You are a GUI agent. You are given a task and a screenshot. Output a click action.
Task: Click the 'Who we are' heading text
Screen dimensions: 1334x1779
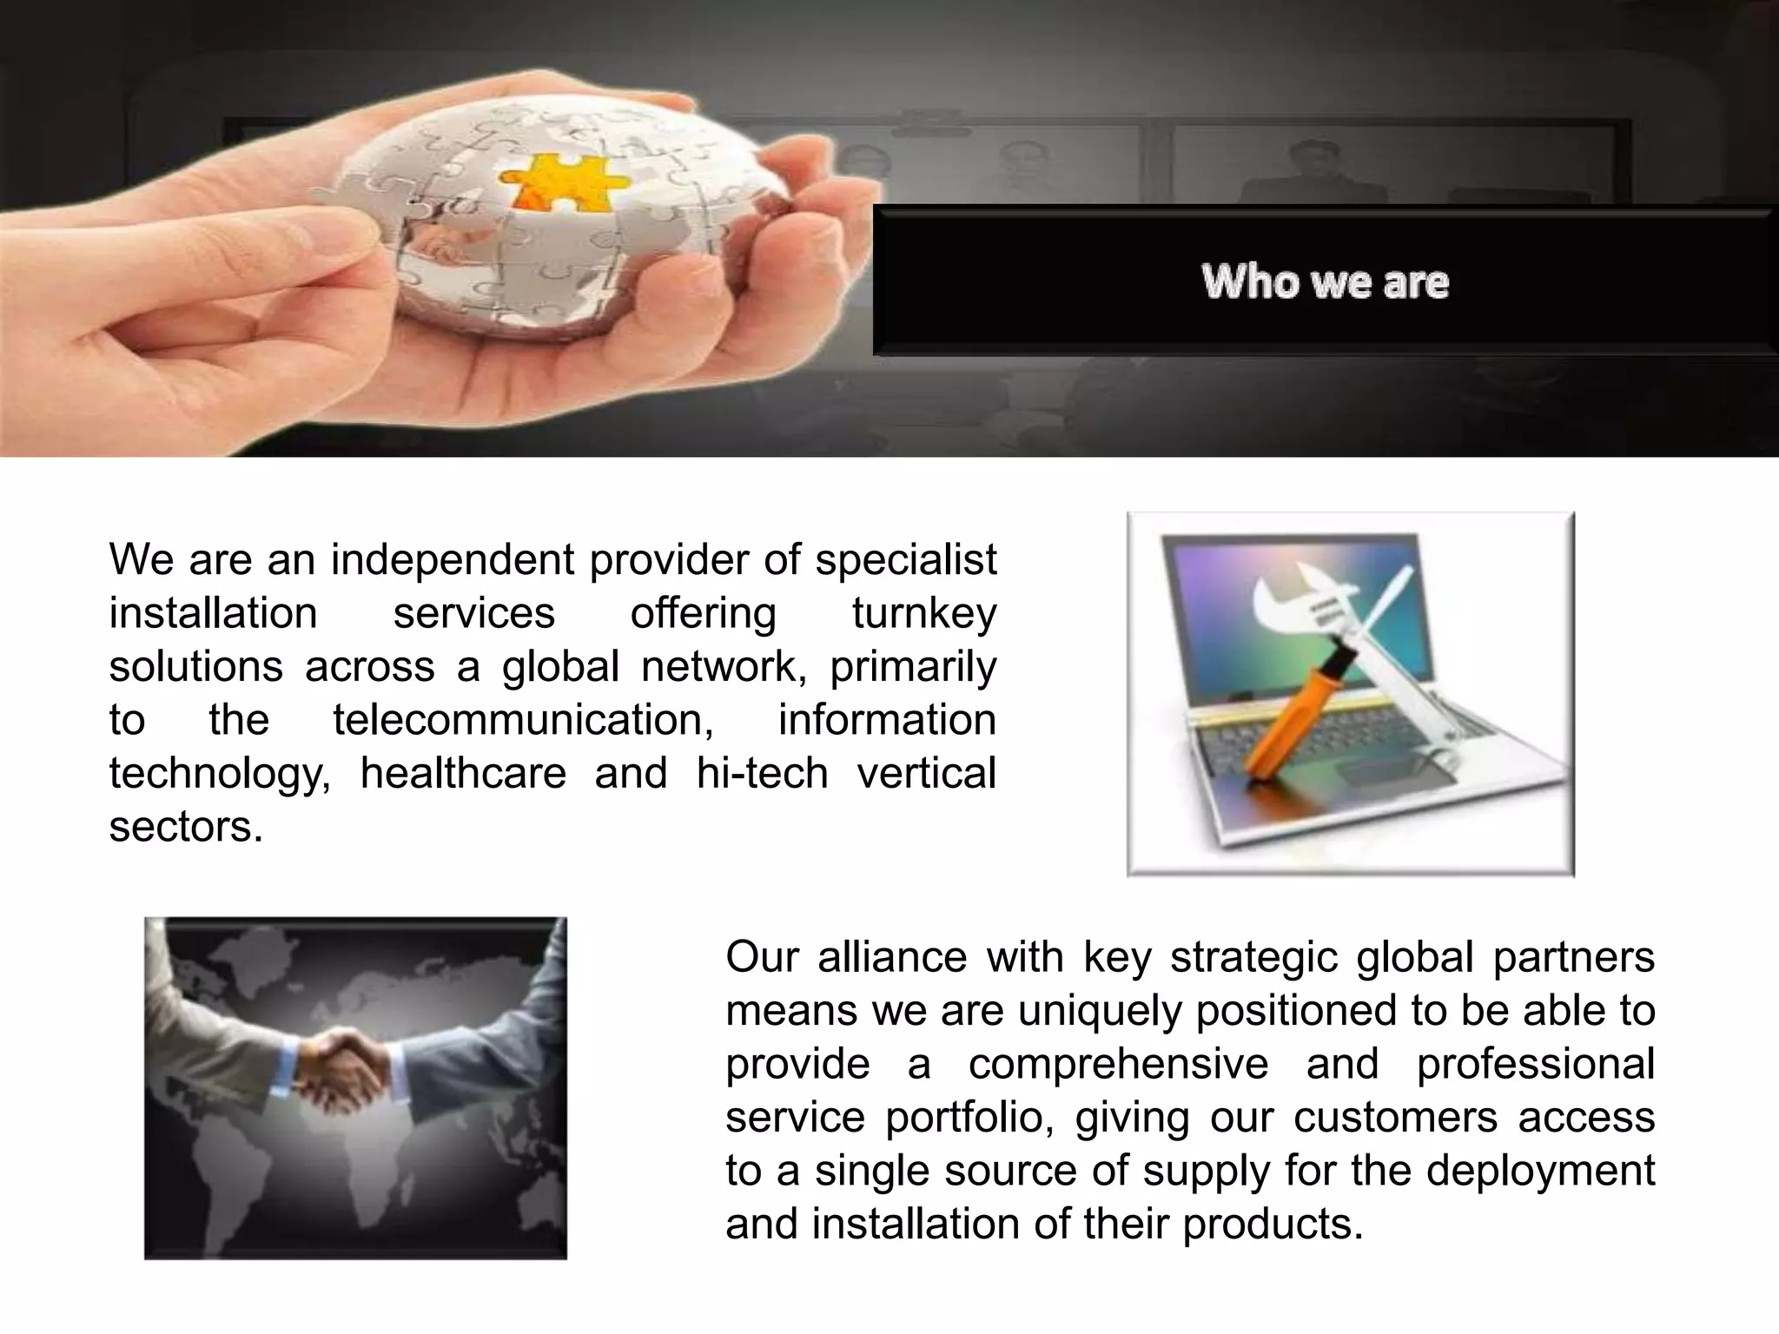[x=1325, y=281]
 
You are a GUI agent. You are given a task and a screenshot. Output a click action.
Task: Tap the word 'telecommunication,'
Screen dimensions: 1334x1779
[x=523, y=720]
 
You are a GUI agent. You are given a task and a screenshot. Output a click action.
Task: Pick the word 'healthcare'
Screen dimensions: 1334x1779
[x=463, y=773]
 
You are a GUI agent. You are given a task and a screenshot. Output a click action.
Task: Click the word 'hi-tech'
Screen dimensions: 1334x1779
[x=762, y=773]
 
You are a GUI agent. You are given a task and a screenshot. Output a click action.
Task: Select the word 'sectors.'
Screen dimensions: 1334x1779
[x=185, y=826]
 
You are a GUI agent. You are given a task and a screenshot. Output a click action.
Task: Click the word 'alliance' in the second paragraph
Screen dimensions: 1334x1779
[x=892, y=957]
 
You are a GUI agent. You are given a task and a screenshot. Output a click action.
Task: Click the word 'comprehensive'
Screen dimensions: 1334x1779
[x=1118, y=1064]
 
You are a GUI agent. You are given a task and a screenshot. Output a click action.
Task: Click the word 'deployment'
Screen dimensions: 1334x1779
[x=1540, y=1171]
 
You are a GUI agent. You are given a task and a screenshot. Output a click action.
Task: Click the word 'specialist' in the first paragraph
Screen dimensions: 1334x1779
[x=905, y=559]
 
